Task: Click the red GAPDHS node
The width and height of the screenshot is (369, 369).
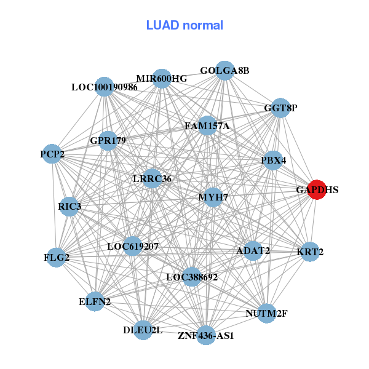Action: point(317,189)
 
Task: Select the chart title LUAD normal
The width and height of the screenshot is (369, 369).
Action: point(184,25)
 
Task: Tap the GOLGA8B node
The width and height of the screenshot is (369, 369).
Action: point(225,71)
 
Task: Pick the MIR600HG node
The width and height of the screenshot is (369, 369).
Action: point(162,78)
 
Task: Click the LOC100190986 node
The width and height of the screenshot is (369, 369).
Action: point(105,87)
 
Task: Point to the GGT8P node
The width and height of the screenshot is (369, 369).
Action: point(280,108)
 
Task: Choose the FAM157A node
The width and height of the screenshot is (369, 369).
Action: point(207,126)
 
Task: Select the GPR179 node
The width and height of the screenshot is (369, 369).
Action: point(108,141)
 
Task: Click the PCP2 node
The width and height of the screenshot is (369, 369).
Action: point(53,153)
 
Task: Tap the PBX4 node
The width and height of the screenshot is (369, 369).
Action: point(273,161)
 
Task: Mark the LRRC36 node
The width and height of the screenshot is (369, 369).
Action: point(152,179)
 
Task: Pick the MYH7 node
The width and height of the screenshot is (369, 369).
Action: point(213,197)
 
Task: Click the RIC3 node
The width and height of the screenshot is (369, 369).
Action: point(69,206)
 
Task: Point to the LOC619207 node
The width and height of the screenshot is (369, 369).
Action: point(132,247)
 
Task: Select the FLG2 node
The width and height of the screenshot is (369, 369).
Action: point(57,257)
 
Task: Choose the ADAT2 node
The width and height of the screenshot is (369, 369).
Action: point(253,250)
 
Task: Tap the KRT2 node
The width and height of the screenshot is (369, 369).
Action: point(310,252)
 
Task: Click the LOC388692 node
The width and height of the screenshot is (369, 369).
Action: point(192,277)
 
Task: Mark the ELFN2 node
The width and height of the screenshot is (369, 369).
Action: point(95,301)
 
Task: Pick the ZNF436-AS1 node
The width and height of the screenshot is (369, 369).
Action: point(206,336)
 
